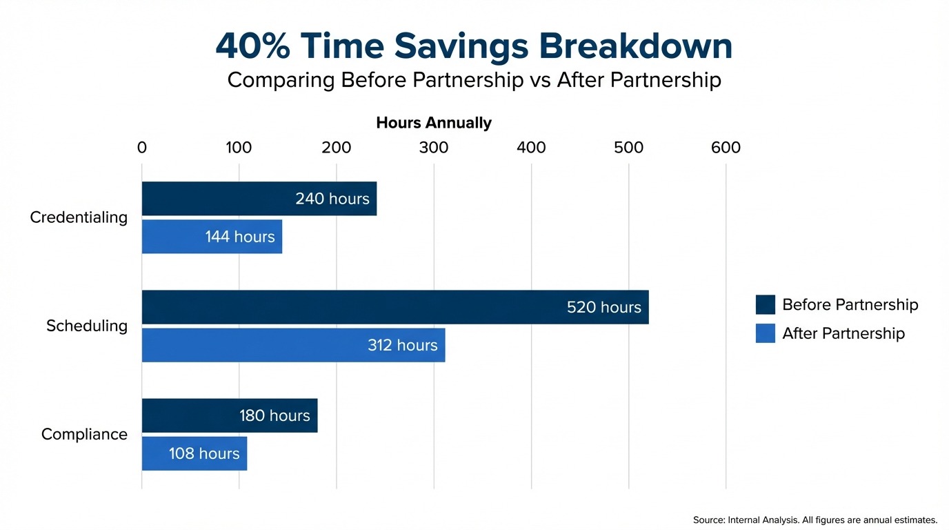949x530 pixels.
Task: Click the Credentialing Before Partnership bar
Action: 259,199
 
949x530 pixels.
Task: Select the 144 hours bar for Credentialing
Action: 212,237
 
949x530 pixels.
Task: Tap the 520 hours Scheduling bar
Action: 394,307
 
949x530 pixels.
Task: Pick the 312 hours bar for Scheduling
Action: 293,345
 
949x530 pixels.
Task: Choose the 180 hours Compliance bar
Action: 229,415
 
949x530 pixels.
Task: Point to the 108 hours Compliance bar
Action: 194,453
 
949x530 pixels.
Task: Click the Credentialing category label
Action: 79,217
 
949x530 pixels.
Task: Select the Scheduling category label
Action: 87,326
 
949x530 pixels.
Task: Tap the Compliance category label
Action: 84,434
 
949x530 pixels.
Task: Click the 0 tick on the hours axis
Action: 142,148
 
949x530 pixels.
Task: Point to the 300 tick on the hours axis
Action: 434,148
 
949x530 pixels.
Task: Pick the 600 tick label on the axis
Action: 726,148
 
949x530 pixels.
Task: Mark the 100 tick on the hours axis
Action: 239,148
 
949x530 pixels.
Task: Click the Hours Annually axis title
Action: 434,123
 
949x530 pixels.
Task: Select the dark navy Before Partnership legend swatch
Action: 765,304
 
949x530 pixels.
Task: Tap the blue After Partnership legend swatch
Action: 765,333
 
